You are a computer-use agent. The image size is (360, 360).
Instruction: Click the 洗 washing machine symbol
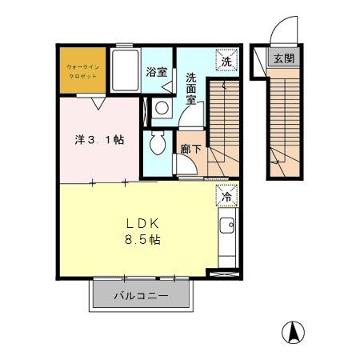226,60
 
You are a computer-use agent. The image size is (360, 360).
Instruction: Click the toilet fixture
158,145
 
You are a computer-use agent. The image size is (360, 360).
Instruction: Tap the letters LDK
141,224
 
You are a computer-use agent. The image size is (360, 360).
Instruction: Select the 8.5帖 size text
142,240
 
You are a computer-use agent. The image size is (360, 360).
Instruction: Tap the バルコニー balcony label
141,296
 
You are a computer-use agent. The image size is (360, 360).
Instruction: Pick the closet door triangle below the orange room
98,102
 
